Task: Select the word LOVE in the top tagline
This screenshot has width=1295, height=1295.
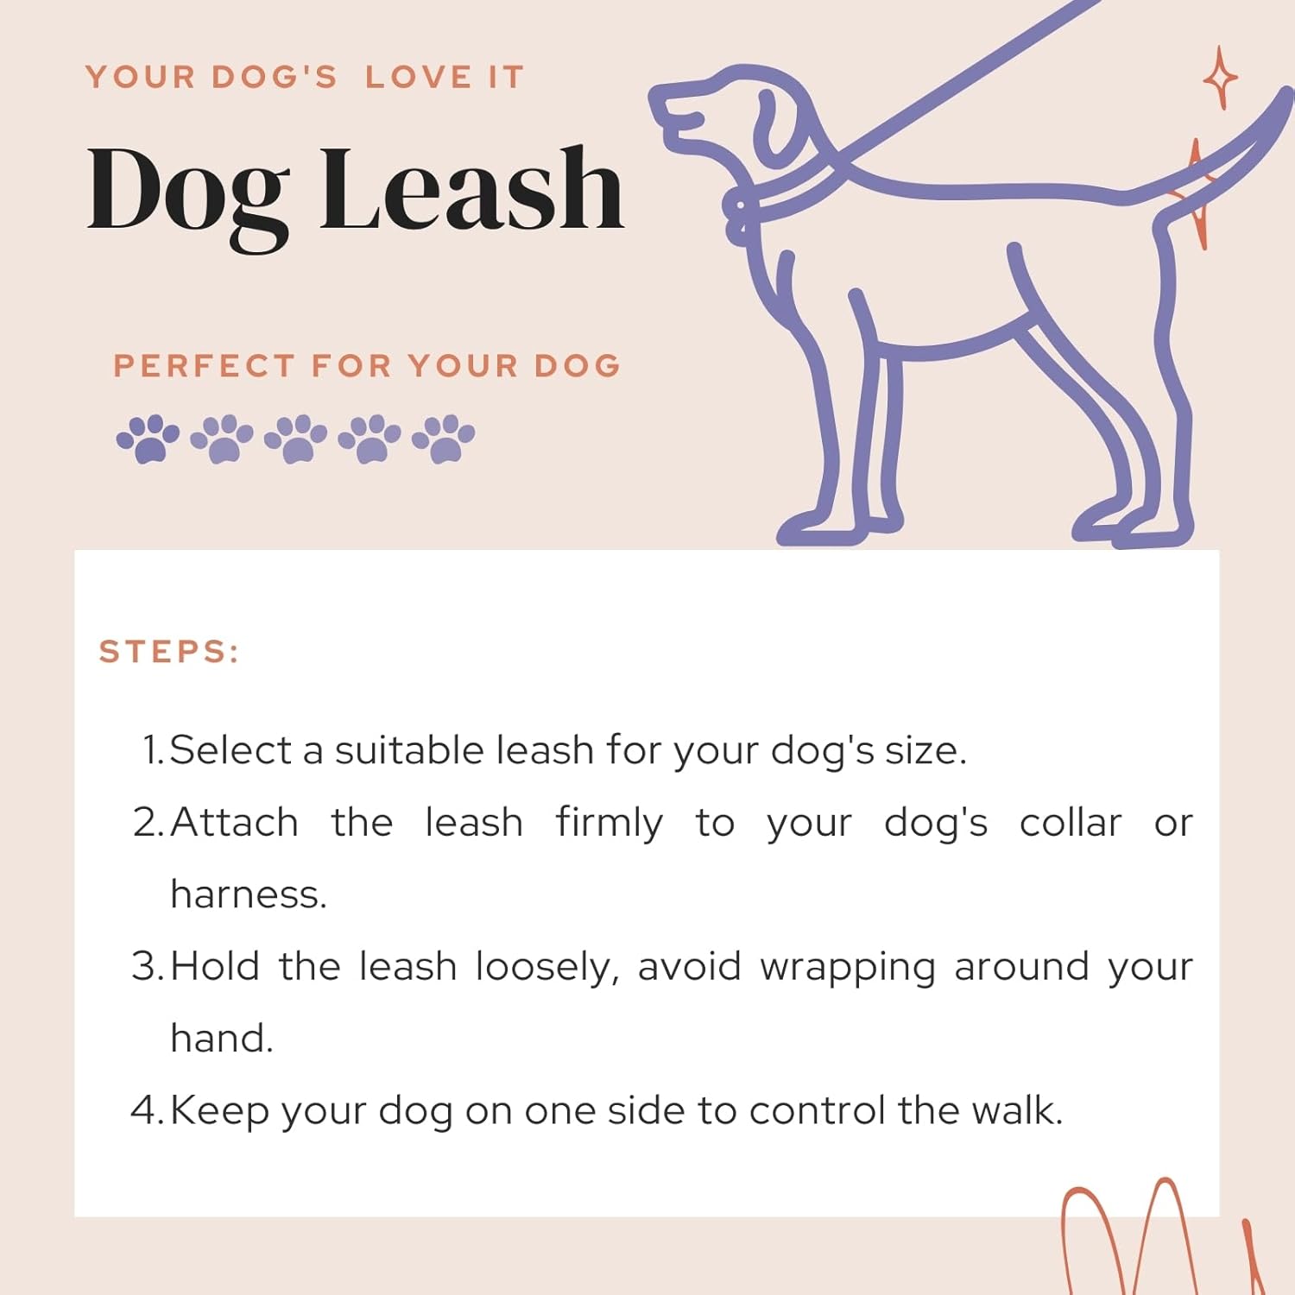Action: [419, 78]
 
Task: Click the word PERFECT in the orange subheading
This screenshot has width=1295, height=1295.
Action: [204, 366]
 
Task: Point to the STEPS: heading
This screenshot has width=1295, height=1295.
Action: [168, 652]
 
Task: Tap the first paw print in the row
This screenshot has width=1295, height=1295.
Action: [148, 439]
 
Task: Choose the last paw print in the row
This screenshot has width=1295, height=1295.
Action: [444, 439]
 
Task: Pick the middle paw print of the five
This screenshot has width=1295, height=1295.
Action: [295, 439]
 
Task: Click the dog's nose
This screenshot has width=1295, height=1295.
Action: [658, 95]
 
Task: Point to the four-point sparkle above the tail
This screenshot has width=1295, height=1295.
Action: [1220, 78]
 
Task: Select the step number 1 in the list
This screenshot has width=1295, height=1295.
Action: [152, 750]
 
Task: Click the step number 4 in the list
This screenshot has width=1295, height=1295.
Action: [145, 1110]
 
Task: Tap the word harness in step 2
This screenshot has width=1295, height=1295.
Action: [247, 895]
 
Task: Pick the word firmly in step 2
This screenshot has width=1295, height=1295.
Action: [609, 824]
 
